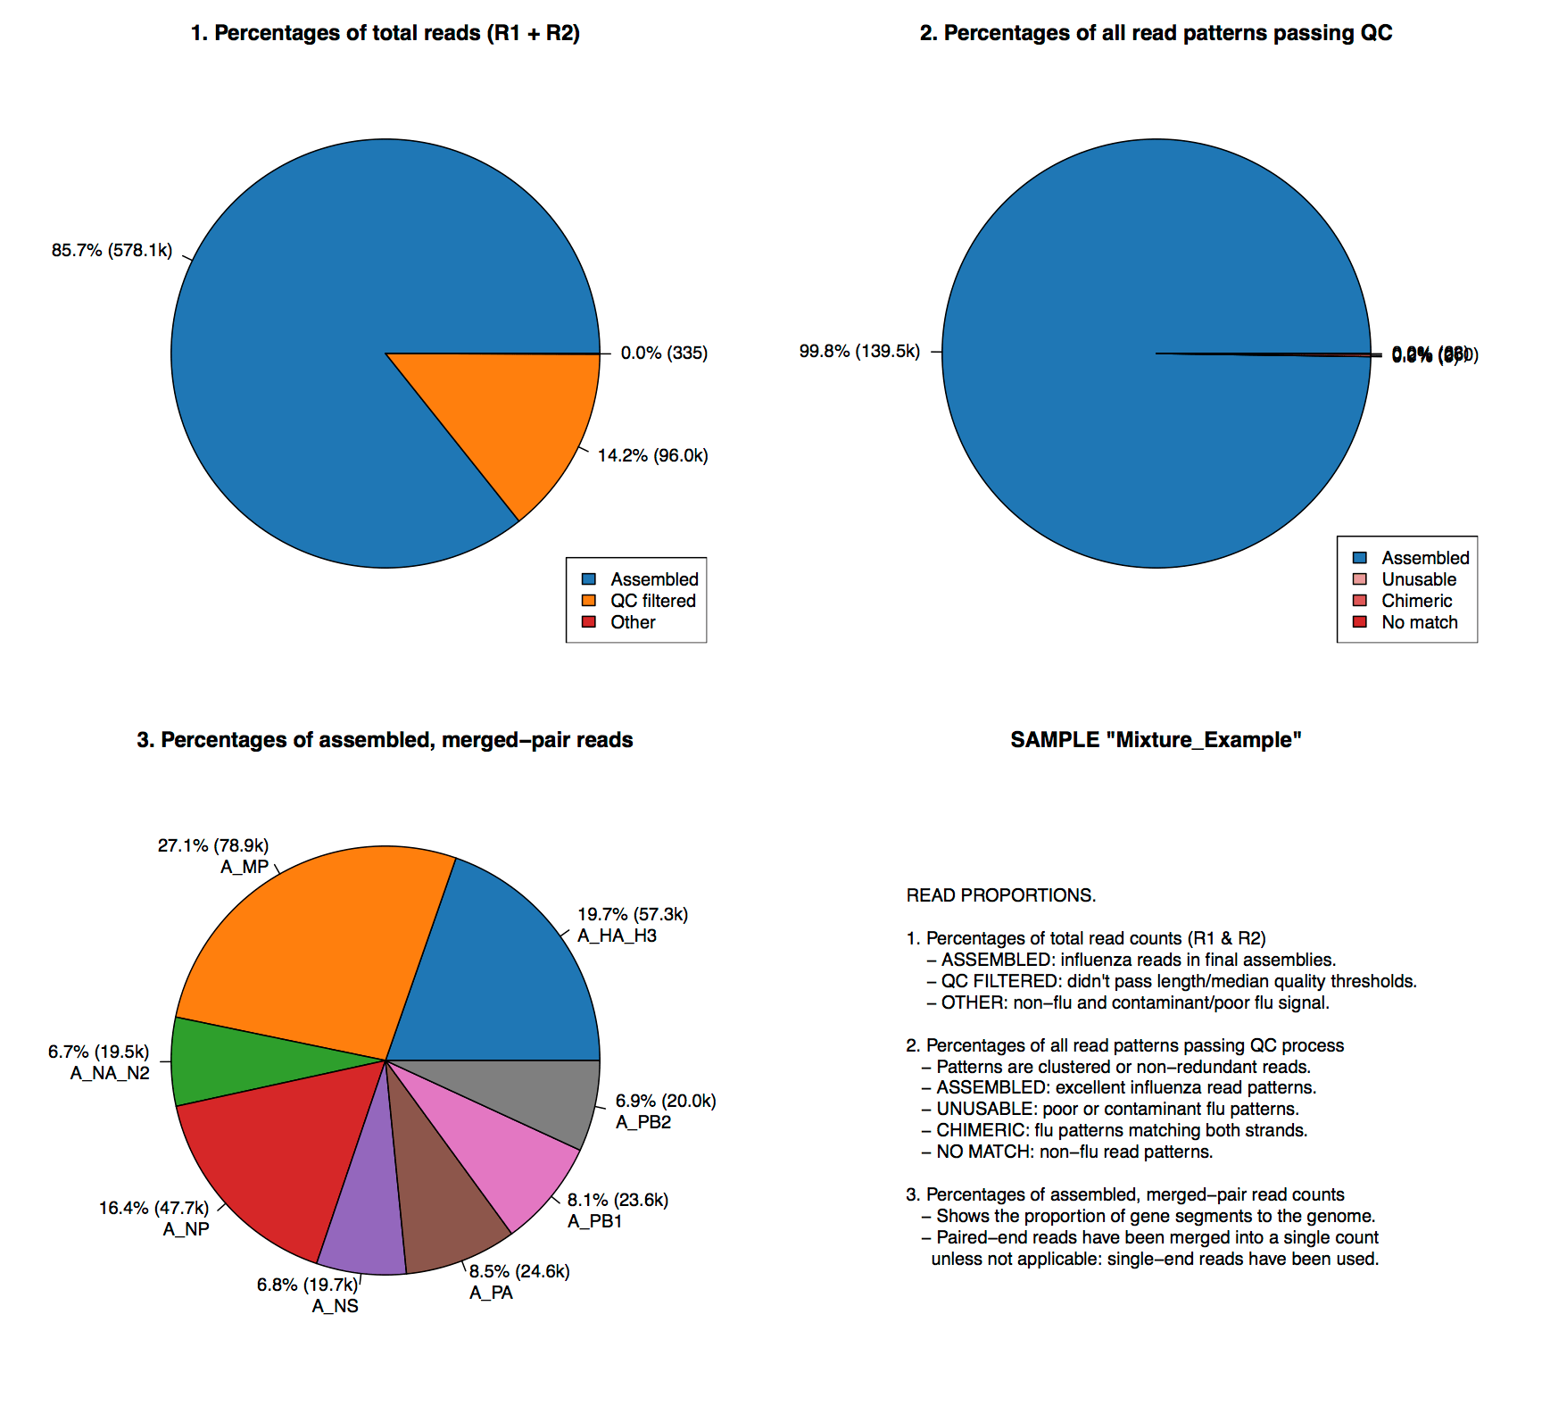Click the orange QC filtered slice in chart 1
click(x=518, y=420)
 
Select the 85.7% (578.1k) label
click(x=112, y=251)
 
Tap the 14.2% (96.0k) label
click(x=652, y=456)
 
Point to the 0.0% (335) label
click(x=664, y=353)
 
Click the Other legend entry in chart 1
click(x=633, y=622)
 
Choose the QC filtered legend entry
click(x=652, y=601)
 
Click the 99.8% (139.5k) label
click(x=858, y=352)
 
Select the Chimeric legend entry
click(x=1416, y=601)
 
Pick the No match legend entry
click(x=1419, y=622)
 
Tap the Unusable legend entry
click(x=1418, y=579)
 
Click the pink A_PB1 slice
click(x=500, y=1152)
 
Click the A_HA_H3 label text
click(x=617, y=936)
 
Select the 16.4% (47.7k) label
click(x=153, y=1209)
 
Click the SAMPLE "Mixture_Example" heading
click(x=1156, y=740)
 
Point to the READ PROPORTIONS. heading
click(x=1000, y=895)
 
